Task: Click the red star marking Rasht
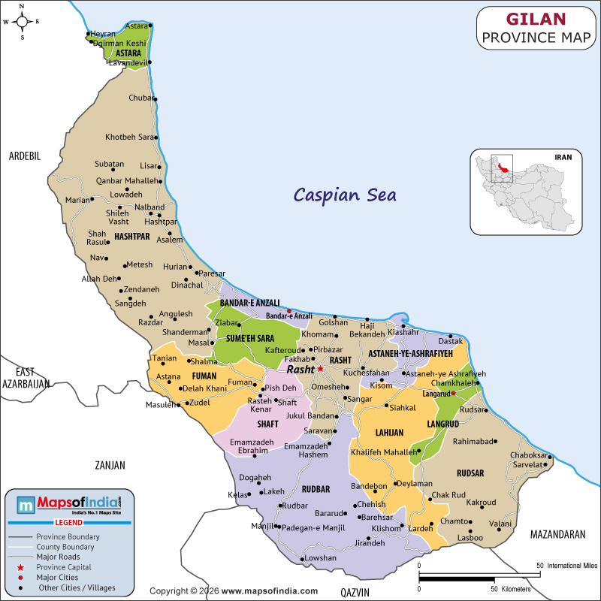click(x=320, y=369)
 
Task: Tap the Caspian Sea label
click(x=345, y=195)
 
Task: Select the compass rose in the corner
click(x=22, y=22)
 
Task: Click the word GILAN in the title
click(x=536, y=18)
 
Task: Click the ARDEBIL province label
click(x=24, y=156)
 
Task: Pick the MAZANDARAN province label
click(x=557, y=535)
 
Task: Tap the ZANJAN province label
click(x=110, y=465)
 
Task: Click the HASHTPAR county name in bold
click(x=132, y=236)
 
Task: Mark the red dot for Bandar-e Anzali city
click(x=289, y=311)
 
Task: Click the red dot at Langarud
click(x=453, y=393)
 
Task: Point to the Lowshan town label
click(x=320, y=558)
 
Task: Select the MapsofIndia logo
click(x=69, y=504)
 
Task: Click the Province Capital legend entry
click(x=70, y=566)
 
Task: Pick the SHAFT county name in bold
click(x=267, y=424)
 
